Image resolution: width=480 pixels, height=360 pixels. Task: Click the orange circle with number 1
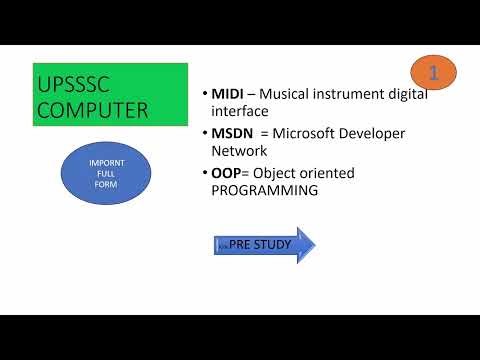(x=433, y=72)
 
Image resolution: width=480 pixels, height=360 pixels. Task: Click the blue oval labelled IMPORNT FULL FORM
(x=107, y=172)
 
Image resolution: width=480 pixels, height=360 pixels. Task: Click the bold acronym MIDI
(x=228, y=94)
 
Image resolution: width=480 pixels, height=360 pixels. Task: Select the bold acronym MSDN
(x=232, y=133)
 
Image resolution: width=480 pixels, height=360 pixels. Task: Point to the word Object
(x=281, y=173)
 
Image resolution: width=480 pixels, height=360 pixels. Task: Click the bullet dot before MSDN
(x=203, y=133)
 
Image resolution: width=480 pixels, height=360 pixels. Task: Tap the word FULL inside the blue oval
(x=106, y=172)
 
